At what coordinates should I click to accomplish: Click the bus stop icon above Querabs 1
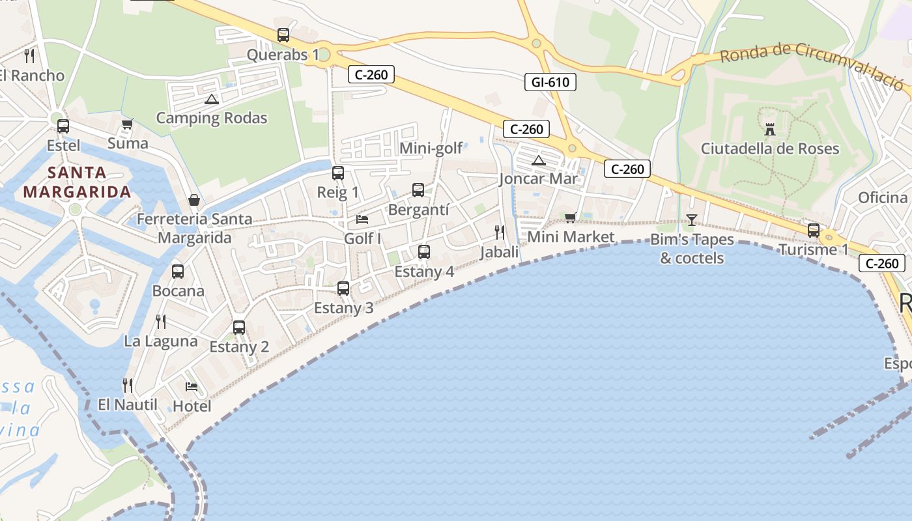283,35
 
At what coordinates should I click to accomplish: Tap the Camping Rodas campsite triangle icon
211,99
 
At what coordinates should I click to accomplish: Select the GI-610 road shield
550,82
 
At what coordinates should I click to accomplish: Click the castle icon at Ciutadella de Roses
770,129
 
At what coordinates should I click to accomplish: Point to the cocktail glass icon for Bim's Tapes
691,220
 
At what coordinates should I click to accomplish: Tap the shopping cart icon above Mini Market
571,218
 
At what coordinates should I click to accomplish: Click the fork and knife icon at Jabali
500,232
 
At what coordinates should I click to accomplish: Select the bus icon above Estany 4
424,252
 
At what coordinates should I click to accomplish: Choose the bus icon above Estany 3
343,289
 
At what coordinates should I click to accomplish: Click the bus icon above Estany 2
239,328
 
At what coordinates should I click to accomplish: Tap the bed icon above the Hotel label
192,387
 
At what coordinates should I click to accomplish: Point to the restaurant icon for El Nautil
128,386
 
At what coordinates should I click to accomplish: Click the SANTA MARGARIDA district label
77,182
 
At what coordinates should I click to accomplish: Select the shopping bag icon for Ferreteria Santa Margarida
193,200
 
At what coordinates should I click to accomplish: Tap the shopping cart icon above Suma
128,124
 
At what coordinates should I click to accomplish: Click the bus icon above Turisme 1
814,230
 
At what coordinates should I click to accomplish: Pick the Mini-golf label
431,148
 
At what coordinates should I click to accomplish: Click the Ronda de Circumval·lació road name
812,66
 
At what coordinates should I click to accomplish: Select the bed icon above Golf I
362,219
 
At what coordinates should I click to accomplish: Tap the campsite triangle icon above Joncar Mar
538,160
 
